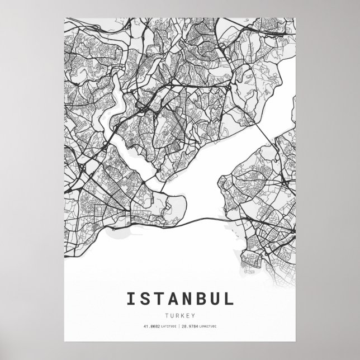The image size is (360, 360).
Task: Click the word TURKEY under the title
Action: tap(180, 315)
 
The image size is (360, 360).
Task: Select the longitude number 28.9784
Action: tap(190, 325)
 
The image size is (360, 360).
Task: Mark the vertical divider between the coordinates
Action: tap(179, 325)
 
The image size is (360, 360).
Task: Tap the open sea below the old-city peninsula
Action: tap(140, 252)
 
